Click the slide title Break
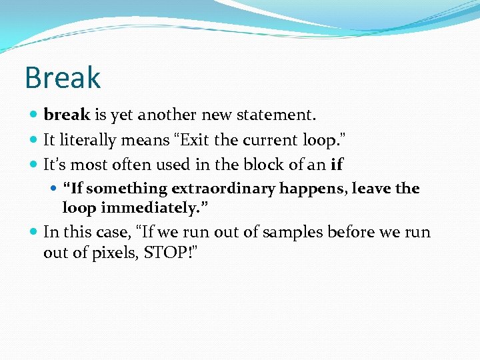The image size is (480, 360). pyautogui.click(x=63, y=77)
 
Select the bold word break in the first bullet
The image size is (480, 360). pyautogui.click(x=66, y=115)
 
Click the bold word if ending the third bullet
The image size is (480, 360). pyautogui.click(x=336, y=164)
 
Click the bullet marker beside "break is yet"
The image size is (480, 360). pyautogui.click(x=33, y=115)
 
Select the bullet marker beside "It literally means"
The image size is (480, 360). pyautogui.click(x=33, y=141)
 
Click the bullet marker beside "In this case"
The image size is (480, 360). pyautogui.click(x=33, y=233)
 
